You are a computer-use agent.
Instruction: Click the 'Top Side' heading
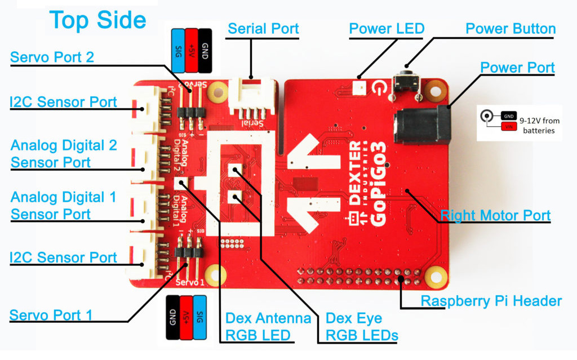point(98,20)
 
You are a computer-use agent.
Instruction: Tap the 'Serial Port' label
point(263,29)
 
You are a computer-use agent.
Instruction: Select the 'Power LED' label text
point(387,29)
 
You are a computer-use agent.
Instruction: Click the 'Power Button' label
point(511,29)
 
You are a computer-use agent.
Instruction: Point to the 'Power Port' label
point(517,68)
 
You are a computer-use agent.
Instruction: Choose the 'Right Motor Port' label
point(495,215)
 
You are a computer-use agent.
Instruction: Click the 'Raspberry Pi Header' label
point(491,301)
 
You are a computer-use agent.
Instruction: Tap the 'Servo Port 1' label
point(51,314)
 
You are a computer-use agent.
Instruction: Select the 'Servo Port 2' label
point(52,57)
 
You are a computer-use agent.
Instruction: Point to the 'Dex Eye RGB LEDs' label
point(362,327)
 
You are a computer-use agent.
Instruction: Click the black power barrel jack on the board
point(423,126)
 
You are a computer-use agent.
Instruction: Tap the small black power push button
point(406,82)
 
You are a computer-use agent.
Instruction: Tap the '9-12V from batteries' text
point(539,125)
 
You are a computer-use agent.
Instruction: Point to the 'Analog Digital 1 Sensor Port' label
point(63,206)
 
